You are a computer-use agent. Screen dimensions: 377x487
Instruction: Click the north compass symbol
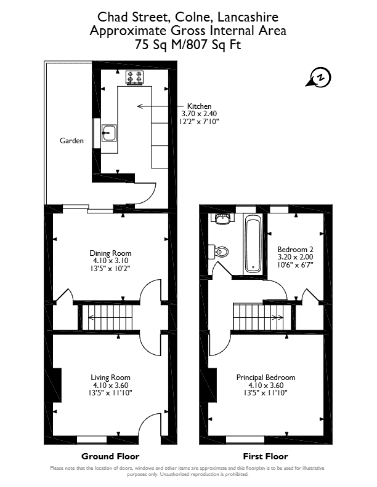pyautogui.click(x=320, y=77)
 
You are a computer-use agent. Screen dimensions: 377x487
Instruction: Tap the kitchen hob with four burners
pyautogui.click(x=134, y=77)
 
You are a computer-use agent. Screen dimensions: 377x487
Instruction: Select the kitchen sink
pyautogui.click(x=109, y=133)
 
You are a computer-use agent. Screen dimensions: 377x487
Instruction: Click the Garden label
pyautogui.click(x=71, y=141)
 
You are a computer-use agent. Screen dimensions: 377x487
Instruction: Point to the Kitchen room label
pyautogui.click(x=199, y=106)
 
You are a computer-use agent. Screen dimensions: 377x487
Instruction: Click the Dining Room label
pyautogui.click(x=110, y=253)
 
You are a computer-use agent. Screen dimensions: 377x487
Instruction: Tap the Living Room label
pyautogui.click(x=110, y=378)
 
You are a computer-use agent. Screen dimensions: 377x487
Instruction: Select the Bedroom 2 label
pyautogui.click(x=295, y=250)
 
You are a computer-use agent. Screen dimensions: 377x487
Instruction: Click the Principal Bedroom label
pyautogui.click(x=266, y=378)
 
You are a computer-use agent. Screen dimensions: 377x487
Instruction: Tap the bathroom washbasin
pyautogui.click(x=222, y=219)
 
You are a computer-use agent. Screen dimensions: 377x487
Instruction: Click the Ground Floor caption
pyautogui.click(x=110, y=456)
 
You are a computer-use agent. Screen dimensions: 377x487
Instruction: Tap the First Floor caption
pyautogui.click(x=266, y=456)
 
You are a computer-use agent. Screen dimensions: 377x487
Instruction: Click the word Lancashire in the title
pyautogui.click(x=248, y=17)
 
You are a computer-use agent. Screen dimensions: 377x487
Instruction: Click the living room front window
pyautogui.click(x=92, y=440)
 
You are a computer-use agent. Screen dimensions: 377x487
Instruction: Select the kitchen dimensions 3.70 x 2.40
pyautogui.click(x=199, y=114)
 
